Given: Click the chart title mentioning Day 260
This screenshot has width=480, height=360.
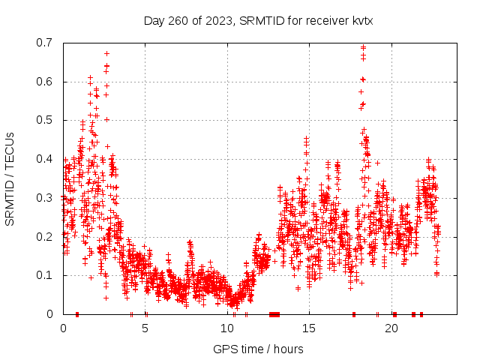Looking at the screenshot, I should coord(258,20).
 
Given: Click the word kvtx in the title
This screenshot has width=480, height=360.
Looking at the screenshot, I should coord(359,20).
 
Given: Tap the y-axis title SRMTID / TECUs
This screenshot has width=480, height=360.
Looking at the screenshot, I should coord(10,178).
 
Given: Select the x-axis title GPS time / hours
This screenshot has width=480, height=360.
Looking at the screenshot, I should coord(258,349).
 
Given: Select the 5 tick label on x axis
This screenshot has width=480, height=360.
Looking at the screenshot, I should coord(145,328).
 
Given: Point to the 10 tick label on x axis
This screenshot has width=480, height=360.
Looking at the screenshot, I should coord(227,328).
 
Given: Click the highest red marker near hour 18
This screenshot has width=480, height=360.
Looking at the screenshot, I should coord(363,47).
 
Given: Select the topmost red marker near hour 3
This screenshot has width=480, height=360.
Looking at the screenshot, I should coord(106,53).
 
